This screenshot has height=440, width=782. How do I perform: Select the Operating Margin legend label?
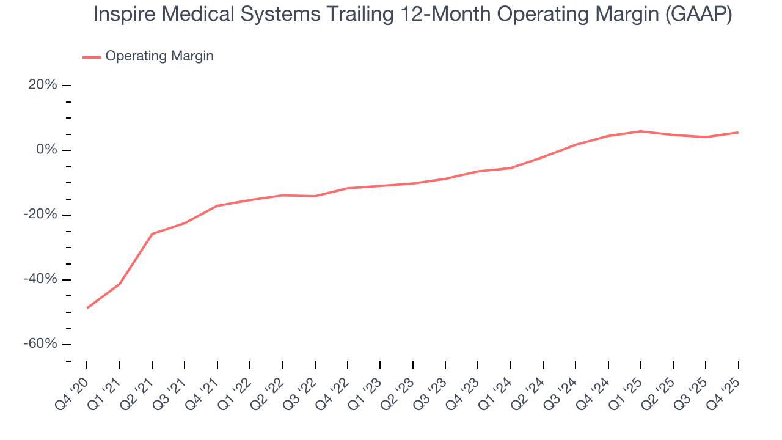click(x=159, y=56)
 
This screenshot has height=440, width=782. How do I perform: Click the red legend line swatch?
click(x=92, y=57)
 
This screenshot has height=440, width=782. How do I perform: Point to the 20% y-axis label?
click(x=43, y=85)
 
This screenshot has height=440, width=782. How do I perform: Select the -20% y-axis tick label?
click(x=41, y=215)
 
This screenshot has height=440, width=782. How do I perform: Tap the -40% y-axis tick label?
click(x=41, y=279)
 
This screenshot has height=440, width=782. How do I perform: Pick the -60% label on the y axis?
click(x=41, y=344)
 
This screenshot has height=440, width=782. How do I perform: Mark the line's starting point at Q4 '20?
click(x=87, y=308)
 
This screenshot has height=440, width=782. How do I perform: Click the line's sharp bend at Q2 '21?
click(x=152, y=234)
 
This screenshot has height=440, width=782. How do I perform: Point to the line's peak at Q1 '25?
click(x=641, y=131)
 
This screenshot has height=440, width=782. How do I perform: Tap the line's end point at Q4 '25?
click(x=738, y=133)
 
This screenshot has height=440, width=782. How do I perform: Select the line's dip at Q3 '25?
click(x=706, y=137)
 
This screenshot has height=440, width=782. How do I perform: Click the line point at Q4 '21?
click(x=217, y=206)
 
